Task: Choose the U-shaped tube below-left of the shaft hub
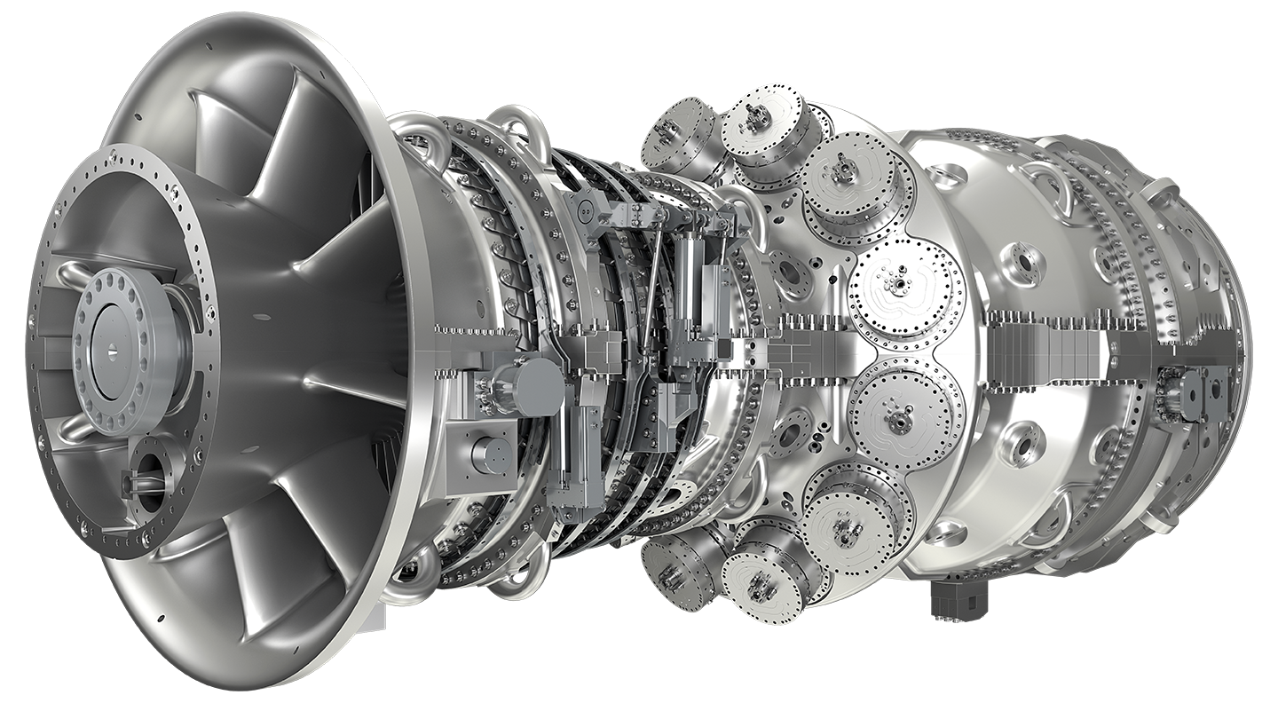pyautogui.click(x=75, y=427)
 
